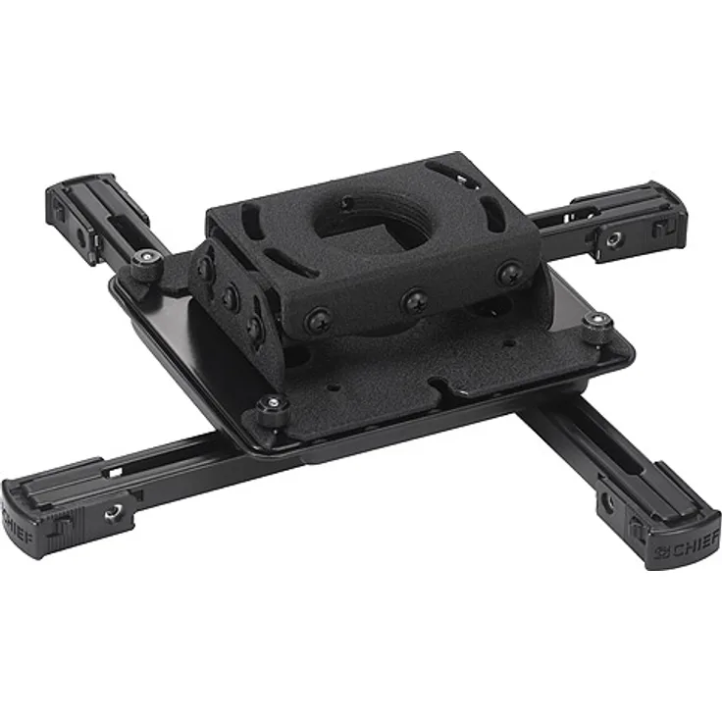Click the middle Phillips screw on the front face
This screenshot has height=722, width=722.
415,301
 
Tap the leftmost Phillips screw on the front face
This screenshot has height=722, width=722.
318,320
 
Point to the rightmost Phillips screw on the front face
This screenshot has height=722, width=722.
510,274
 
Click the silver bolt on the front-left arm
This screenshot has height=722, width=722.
113,511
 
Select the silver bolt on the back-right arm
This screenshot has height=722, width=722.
613,238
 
